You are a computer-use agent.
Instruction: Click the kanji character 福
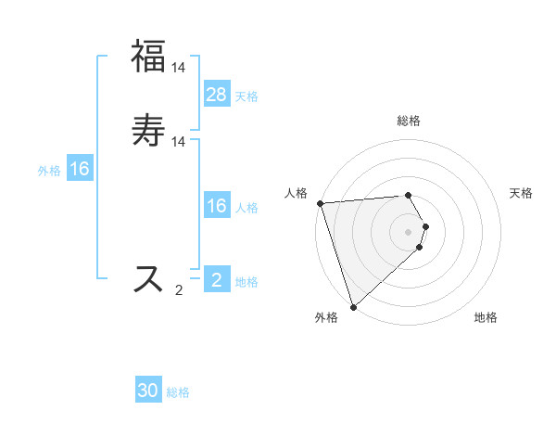[x=148, y=55]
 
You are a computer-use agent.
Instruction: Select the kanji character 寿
[x=148, y=130]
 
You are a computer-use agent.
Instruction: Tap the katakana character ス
[x=148, y=278]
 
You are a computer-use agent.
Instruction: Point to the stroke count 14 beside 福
[x=179, y=67]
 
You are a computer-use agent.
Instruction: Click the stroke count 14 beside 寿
[x=179, y=141]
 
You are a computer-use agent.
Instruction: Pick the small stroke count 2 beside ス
[x=179, y=290]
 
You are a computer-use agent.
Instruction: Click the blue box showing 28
[x=216, y=94]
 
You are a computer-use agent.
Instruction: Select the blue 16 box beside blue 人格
[x=216, y=206]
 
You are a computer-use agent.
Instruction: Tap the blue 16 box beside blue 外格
[x=80, y=169]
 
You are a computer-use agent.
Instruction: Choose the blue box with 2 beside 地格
[x=216, y=280]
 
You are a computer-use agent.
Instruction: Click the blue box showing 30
[x=148, y=391]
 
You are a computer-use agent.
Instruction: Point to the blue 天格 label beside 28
[x=246, y=96]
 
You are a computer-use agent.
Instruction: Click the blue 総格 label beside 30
[x=178, y=393]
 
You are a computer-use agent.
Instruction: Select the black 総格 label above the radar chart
[x=409, y=121]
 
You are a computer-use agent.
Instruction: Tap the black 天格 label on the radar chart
[x=522, y=193]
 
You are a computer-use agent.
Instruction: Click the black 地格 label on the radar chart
[x=486, y=318]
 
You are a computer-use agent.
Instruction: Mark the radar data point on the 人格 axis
[x=320, y=203]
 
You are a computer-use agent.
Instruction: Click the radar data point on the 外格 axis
[x=353, y=306]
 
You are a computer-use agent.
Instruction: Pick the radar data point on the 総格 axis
[x=409, y=195]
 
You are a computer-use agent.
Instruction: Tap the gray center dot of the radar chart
[x=409, y=231]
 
